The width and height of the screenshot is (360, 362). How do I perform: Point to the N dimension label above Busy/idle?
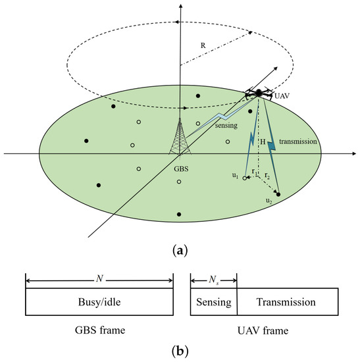tap(99, 277)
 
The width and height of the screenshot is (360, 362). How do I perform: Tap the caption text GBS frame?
tap(99, 328)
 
